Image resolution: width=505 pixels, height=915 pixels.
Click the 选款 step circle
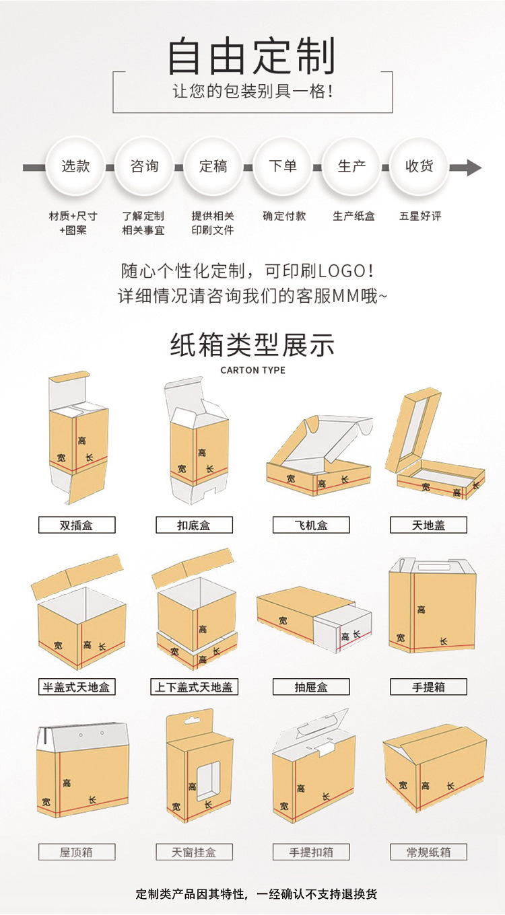pyautogui.click(x=75, y=166)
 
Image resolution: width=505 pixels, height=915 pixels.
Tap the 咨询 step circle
pyautogui.click(x=144, y=166)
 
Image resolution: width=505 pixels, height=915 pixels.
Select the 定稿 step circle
pyautogui.click(x=213, y=166)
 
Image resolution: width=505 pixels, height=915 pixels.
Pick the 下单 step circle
pyautogui.click(x=282, y=166)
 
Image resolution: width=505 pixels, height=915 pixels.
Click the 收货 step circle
pyautogui.click(x=419, y=166)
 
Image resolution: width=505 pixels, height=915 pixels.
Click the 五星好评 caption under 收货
pyautogui.click(x=419, y=216)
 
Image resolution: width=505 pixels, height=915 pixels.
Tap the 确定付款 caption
pyautogui.click(x=283, y=216)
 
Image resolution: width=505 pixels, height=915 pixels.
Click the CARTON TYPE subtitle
pyautogui.click(x=252, y=370)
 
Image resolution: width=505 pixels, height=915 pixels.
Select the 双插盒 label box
pyautogui.click(x=77, y=525)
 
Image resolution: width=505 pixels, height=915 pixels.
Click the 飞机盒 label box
pyautogui.click(x=311, y=525)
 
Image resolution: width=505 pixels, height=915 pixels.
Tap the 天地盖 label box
pyautogui.click(x=428, y=525)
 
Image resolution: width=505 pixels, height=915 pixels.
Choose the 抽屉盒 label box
pyautogui.click(x=311, y=687)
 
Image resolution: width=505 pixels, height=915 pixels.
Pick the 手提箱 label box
pyautogui.click(x=428, y=687)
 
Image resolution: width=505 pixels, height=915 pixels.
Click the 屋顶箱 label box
pyautogui.click(x=77, y=852)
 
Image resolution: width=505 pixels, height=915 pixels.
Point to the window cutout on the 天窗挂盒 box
pyautogui.click(x=208, y=780)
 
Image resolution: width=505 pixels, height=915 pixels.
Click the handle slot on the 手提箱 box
pyautogui.click(x=430, y=569)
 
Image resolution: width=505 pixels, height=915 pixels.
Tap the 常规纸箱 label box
pyautogui.click(x=428, y=852)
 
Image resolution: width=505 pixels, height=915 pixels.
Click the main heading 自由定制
pyautogui.click(x=252, y=57)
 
